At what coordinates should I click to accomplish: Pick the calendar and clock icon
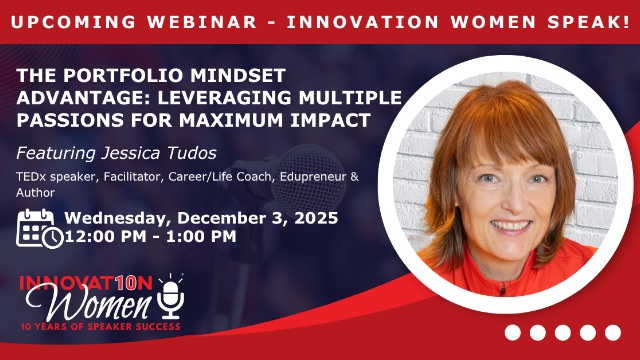[x=39, y=228]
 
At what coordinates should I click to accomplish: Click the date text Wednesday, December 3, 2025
[x=201, y=218]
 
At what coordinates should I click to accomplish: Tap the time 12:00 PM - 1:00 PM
[x=150, y=238]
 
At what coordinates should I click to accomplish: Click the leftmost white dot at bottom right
[x=513, y=333]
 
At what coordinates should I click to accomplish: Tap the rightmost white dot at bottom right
[x=613, y=333]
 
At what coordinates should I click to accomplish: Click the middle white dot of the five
[x=563, y=333]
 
